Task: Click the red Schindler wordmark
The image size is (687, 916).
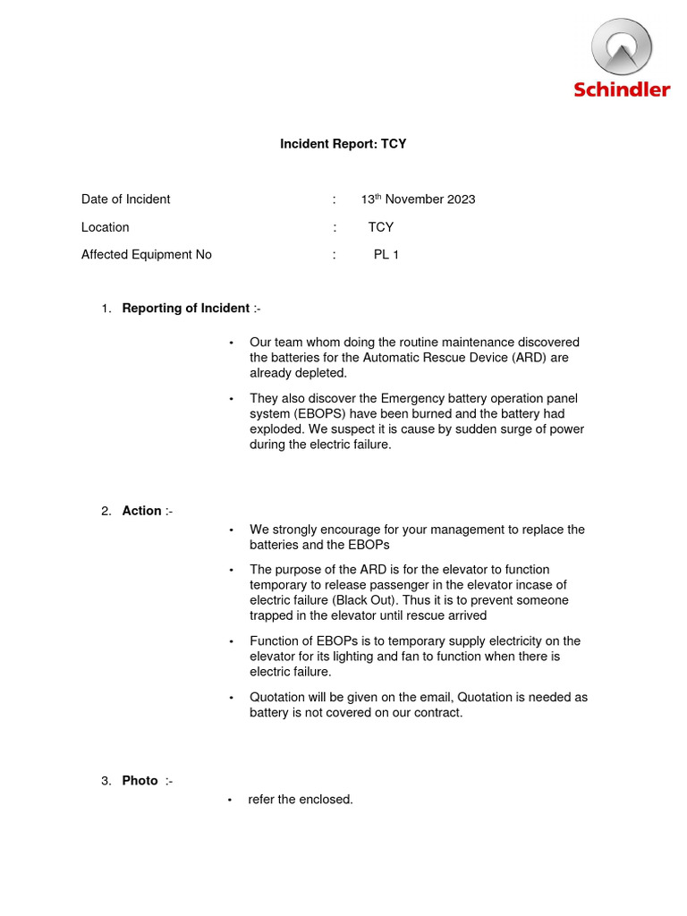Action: click(622, 89)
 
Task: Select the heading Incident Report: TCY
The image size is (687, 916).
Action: click(343, 143)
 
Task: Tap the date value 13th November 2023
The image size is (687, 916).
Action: click(418, 199)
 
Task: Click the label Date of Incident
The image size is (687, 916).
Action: click(125, 199)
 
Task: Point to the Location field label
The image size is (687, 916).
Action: click(105, 227)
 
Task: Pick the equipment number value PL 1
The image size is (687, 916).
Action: click(386, 255)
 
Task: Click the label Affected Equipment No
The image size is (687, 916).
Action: click(146, 255)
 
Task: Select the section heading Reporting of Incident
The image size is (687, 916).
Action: click(185, 309)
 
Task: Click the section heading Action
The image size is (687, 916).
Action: click(141, 511)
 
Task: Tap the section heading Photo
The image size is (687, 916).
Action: click(140, 781)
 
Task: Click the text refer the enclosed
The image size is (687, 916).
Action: click(301, 800)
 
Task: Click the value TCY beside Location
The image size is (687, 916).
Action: click(381, 227)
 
